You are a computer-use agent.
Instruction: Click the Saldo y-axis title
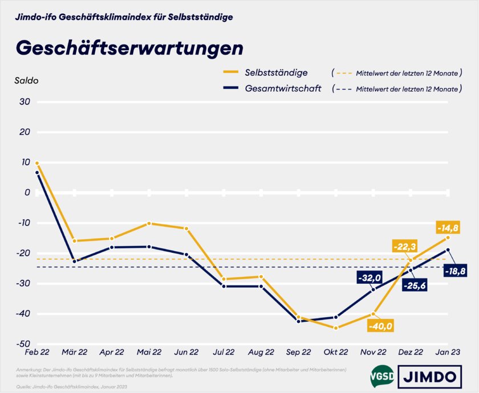[x=26, y=80]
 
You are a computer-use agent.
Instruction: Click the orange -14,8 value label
[x=447, y=228]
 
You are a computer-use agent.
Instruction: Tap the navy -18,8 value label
[x=455, y=271]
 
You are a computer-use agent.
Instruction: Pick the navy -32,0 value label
[x=368, y=278]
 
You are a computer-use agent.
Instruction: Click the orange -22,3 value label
[x=405, y=246]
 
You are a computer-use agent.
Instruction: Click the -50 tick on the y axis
[x=24, y=344]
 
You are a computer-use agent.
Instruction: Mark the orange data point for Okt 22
[x=336, y=328]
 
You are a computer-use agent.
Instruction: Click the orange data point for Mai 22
[x=149, y=223]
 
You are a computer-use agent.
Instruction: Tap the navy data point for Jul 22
[x=224, y=286]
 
